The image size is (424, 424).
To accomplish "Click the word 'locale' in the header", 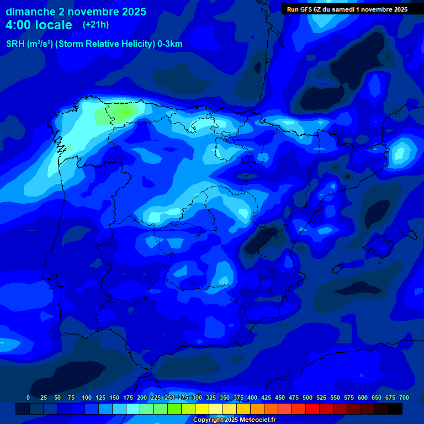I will click(x=54, y=25).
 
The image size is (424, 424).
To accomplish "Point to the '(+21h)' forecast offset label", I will click(x=96, y=25).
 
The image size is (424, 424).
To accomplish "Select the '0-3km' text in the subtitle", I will click(x=170, y=44).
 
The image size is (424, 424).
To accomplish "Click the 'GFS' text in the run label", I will click(x=304, y=9).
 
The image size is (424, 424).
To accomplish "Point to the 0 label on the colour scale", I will click(x=28, y=397).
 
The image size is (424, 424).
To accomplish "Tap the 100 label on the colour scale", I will click(x=87, y=397).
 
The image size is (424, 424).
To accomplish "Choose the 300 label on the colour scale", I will click(x=197, y=397).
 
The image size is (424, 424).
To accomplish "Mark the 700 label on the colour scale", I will click(x=404, y=397).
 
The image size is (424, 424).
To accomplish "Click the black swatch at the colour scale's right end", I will click(x=395, y=409).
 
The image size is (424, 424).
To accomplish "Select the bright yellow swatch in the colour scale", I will click(x=202, y=409).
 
